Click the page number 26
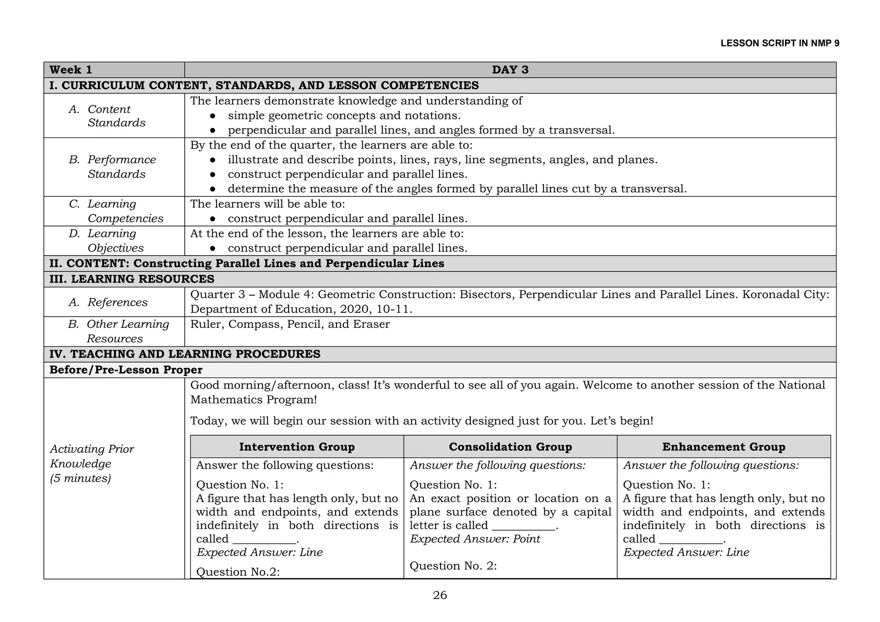pos(440,595)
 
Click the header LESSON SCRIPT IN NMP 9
pos(779,43)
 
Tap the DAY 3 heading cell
pos(510,70)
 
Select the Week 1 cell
pos(71,70)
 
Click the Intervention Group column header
pos(297,447)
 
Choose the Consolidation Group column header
pos(510,447)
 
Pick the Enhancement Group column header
pos(724,447)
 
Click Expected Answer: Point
pos(475,539)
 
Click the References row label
pos(117,302)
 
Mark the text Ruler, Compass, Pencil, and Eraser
pos(290,324)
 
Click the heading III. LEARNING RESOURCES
pos(131,279)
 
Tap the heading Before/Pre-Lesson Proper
pos(126,370)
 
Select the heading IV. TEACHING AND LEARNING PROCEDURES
pos(185,354)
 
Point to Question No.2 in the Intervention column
pos(238,572)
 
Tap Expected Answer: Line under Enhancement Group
pos(686,552)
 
